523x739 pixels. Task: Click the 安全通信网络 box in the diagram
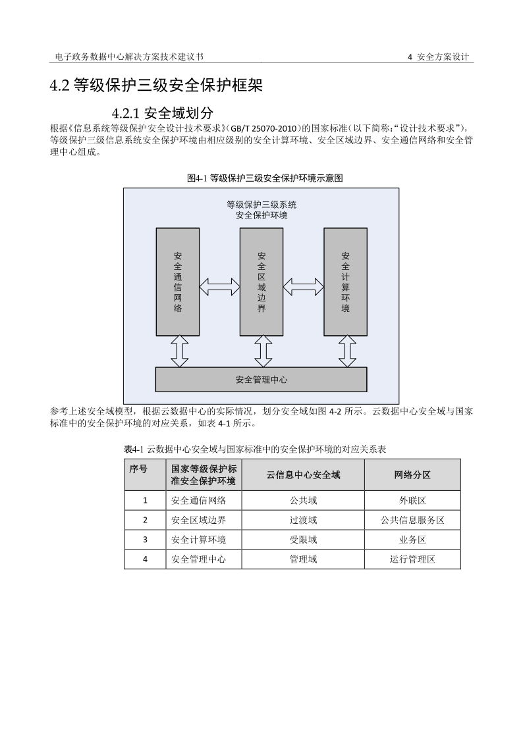tap(178, 282)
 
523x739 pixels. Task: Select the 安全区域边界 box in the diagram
tap(261, 282)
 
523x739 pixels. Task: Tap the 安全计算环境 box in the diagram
tap(345, 282)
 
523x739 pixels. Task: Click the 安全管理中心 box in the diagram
tap(261, 380)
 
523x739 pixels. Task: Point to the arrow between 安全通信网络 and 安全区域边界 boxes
tap(219, 286)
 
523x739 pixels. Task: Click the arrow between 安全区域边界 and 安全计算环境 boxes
tap(303, 286)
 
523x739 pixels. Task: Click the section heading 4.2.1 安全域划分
tap(162, 113)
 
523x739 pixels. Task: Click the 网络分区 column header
tap(412, 474)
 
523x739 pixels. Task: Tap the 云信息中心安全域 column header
tap(303, 474)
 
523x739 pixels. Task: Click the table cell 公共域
tap(303, 500)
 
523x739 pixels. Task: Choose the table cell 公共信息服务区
tap(412, 520)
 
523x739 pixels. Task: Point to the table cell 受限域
tap(303, 540)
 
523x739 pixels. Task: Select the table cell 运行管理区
tap(412, 559)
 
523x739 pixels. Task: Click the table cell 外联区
tap(412, 500)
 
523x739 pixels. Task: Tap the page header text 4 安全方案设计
tap(438, 57)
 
